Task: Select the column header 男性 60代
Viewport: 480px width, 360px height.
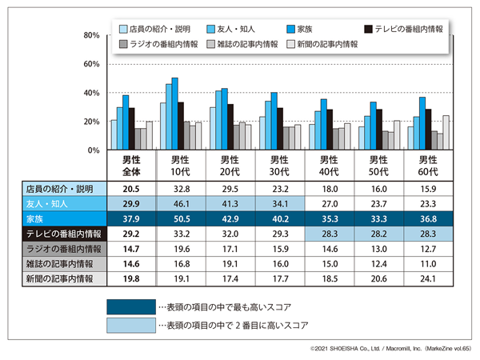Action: coord(430,166)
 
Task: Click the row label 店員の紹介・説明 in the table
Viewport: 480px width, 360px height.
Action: coord(60,190)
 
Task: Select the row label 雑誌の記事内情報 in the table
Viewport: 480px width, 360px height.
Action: coord(60,264)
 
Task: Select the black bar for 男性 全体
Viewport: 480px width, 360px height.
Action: coord(132,129)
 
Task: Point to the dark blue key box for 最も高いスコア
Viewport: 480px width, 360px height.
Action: coord(130,306)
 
